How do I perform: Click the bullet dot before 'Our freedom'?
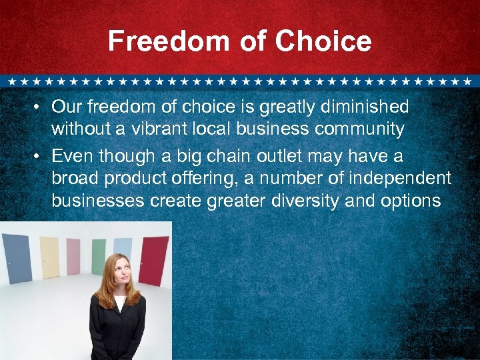click(x=41, y=107)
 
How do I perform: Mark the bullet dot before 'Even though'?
click(x=41, y=157)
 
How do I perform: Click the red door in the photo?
click(x=153, y=261)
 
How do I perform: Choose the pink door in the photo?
click(x=73, y=257)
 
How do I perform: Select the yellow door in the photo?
click(x=49, y=257)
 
